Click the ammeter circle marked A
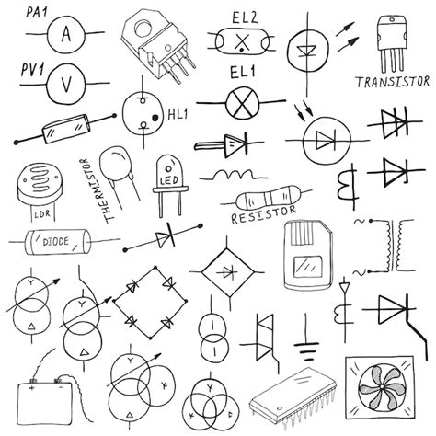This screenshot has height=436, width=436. (65, 34)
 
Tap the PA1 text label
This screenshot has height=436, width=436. (38, 12)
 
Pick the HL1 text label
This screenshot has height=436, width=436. (177, 115)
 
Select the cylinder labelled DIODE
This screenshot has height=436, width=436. (52, 243)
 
